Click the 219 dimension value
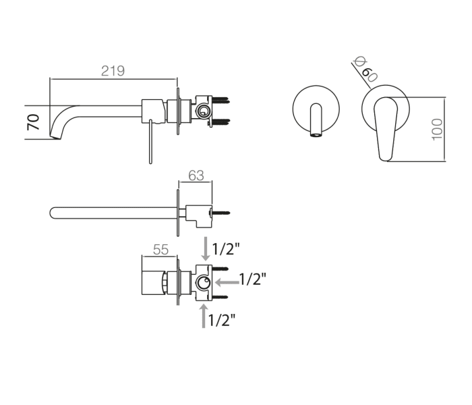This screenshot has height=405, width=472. point(113,71)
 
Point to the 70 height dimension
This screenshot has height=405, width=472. point(33,122)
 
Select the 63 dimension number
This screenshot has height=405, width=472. point(196,175)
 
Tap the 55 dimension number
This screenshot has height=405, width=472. point(160,250)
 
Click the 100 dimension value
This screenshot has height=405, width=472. point(437,130)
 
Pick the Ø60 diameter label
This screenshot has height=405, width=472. point(365,69)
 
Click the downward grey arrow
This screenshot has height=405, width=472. point(206,248)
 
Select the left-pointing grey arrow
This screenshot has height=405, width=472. point(227,282)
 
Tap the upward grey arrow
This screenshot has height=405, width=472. point(204,316)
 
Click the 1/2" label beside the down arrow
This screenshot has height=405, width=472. point(226,249)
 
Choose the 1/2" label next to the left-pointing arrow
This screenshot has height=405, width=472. point(253,279)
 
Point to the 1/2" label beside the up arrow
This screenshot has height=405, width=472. point(222,320)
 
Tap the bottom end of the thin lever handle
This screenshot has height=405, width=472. point(150,163)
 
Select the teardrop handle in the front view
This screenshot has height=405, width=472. point(386,129)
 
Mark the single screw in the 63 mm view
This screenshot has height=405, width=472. point(221,213)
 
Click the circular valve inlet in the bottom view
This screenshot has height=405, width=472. point(204,283)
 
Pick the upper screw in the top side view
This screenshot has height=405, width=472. point(221,99)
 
